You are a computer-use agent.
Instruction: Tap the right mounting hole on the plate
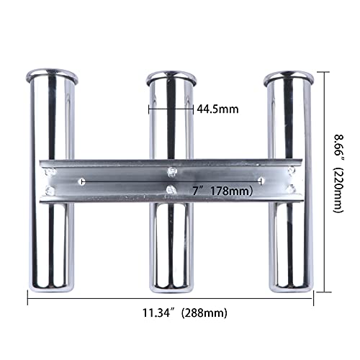tap(260, 182)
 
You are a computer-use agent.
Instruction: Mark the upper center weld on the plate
tap(171, 170)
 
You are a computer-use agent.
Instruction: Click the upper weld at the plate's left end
tap(50, 171)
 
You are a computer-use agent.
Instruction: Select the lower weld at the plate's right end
tap(292, 192)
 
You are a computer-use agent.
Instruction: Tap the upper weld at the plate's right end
tap(291, 171)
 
